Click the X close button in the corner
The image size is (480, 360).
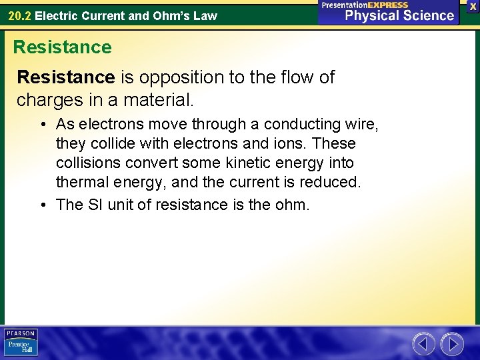pyautogui.click(x=473, y=6)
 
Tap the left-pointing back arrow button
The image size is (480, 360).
pyautogui.click(x=423, y=344)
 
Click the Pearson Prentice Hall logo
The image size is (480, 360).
pyautogui.click(x=21, y=343)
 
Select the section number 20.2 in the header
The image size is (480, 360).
pyautogui.click(x=19, y=15)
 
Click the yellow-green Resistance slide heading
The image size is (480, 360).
pyautogui.click(x=63, y=47)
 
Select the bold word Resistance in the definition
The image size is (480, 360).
pyautogui.click(x=66, y=77)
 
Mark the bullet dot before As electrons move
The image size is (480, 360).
pyautogui.click(x=42, y=125)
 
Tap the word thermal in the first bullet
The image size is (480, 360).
pyautogui.click(x=81, y=182)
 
